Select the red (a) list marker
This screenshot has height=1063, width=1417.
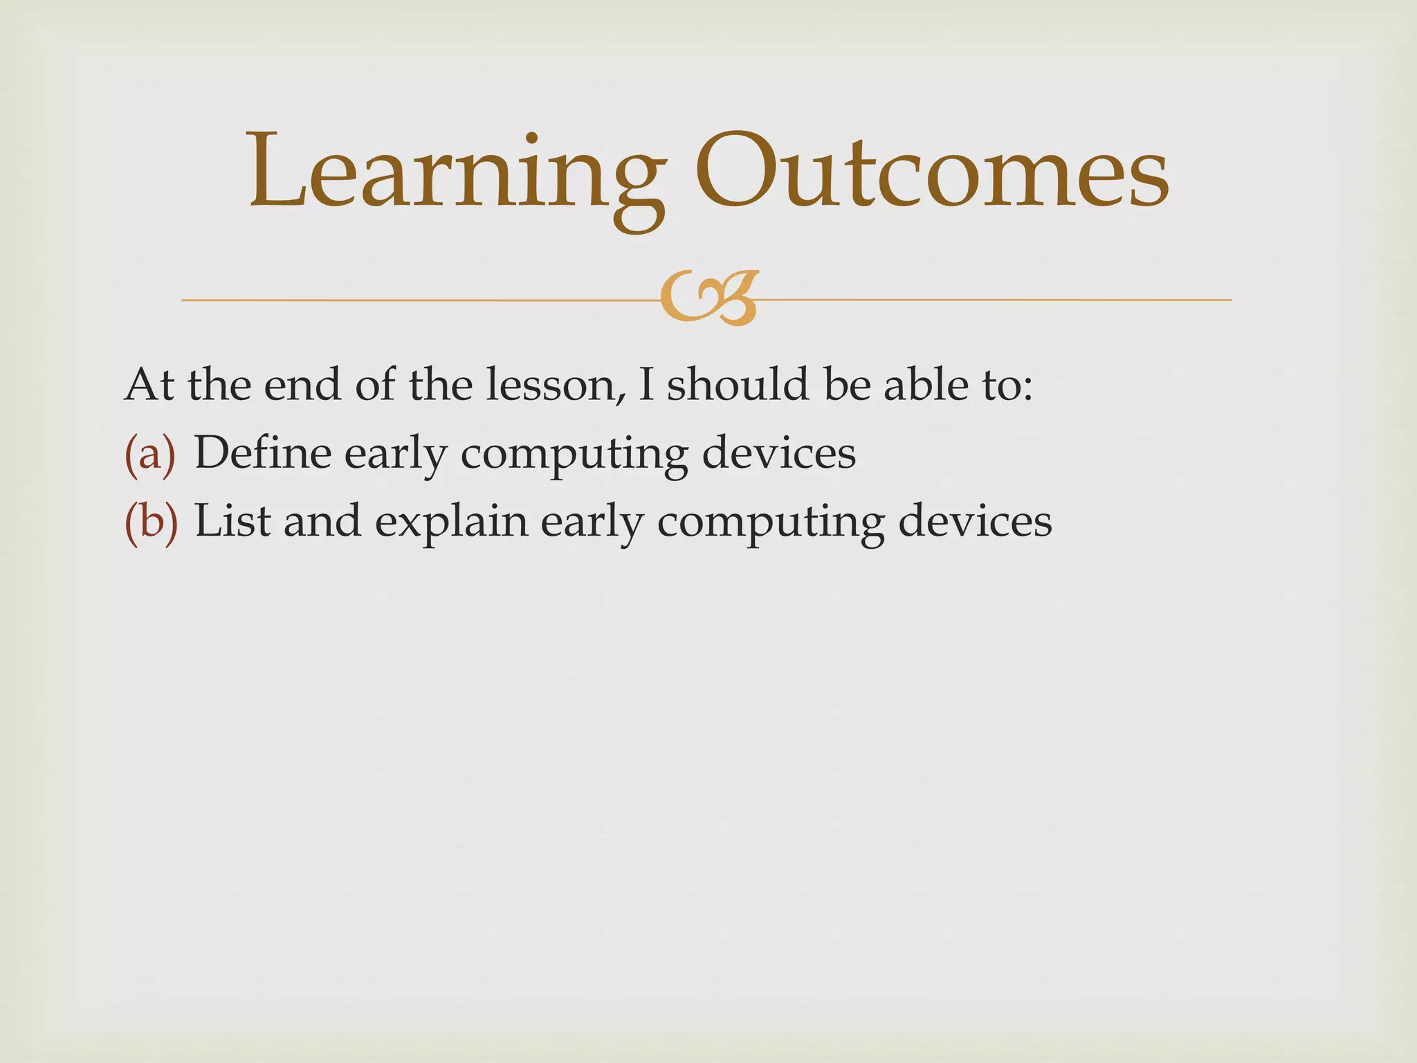[x=150, y=453]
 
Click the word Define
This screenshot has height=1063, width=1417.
[x=262, y=453]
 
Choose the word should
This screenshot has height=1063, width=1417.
[x=738, y=385]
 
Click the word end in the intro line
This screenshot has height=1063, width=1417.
[x=302, y=385]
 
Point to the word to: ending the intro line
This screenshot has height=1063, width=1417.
[x=1007, y=385]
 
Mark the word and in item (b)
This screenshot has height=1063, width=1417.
[x=322, y=520]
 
